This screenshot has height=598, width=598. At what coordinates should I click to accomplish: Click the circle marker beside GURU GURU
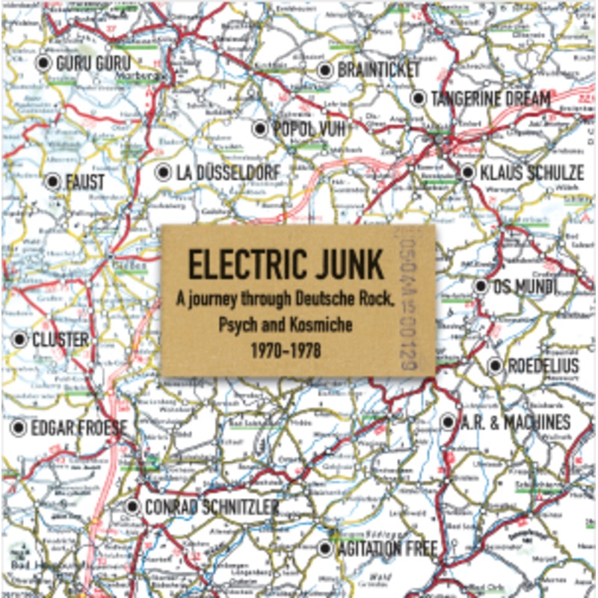tap(43, 63)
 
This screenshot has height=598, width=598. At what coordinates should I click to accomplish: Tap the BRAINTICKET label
tap(380, 70)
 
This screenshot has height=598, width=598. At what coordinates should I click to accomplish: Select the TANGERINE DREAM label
tap(490, 99)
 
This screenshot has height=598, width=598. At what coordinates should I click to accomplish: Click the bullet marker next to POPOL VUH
tap(259, 129)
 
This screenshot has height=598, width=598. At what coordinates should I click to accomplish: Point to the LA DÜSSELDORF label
tap(228, 173)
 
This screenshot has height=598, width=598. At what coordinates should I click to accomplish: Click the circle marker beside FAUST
tap(52, 182)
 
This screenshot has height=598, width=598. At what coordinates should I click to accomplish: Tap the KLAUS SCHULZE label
tap(531, 173)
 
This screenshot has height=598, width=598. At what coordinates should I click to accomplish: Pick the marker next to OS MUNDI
tap(481, 286)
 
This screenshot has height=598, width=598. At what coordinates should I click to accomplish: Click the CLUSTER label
tap(61, 340)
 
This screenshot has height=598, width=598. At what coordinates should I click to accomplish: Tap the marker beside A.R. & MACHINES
tap(448, 422)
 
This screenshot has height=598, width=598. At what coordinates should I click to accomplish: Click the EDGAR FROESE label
tap(79, 428)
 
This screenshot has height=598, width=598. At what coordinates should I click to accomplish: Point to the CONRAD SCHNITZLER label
tap(212, 508)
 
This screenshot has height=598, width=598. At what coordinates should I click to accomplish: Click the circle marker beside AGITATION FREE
tap(324, 549)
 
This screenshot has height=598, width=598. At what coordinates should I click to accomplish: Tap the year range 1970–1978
tap(286, 349)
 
